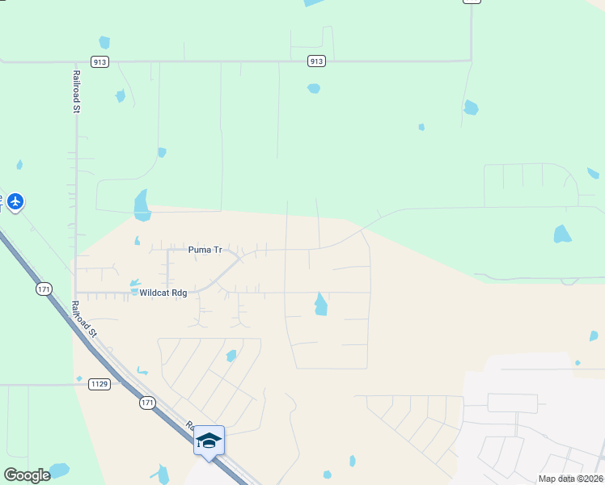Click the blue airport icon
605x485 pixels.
tap(15, 201)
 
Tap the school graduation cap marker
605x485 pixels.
tap(209, 441)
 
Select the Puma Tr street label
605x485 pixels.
tap(205, 251)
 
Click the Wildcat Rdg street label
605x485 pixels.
tap(163, 293)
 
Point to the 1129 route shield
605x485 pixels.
tap(100, 384)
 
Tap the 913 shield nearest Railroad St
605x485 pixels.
tap(100, 62)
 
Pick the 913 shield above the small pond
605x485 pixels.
tap(316, 61)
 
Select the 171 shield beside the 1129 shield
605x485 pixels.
tap(146, 403)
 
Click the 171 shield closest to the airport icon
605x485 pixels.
tap(44, 289)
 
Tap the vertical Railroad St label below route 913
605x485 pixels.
tap(75, 91)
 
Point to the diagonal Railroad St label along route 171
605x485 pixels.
tap(83, 318)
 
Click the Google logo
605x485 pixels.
tap(27, 475)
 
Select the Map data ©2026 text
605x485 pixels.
tap(570, 479)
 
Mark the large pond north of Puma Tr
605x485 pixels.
tap(142, 205)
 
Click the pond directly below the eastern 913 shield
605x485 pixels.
tap(315, 88)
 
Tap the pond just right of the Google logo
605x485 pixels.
tap(59, 470)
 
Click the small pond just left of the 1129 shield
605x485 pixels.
tap(78, 378)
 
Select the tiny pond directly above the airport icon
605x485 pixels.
tap(19, 165)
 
